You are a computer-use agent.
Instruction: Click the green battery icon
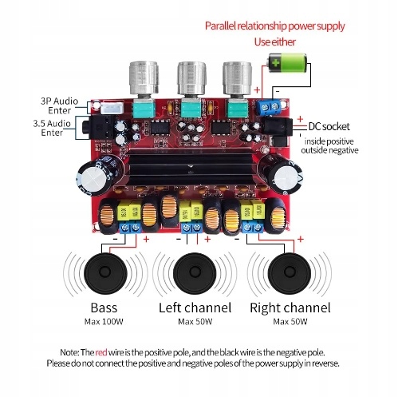[288, 63]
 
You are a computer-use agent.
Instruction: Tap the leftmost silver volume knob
[144, 78]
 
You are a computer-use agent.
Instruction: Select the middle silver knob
[192, 78]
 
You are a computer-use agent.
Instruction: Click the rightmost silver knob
[237, 78]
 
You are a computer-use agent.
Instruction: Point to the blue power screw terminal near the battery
[270, 107]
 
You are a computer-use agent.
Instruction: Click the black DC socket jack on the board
[277, 127]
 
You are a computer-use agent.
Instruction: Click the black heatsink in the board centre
[191, 166]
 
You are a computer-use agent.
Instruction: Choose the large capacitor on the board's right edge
[282, 174]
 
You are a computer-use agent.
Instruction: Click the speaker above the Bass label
[104, 272]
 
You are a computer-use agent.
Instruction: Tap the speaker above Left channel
[194, 272]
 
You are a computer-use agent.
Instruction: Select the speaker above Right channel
[290, 272]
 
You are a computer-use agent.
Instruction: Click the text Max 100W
[104, 322]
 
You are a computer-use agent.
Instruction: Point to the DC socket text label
[329, 126]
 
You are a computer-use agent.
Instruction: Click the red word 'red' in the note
[101, 352]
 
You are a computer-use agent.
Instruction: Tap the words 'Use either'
[275, 42]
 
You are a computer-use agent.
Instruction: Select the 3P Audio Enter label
[60, 105]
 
